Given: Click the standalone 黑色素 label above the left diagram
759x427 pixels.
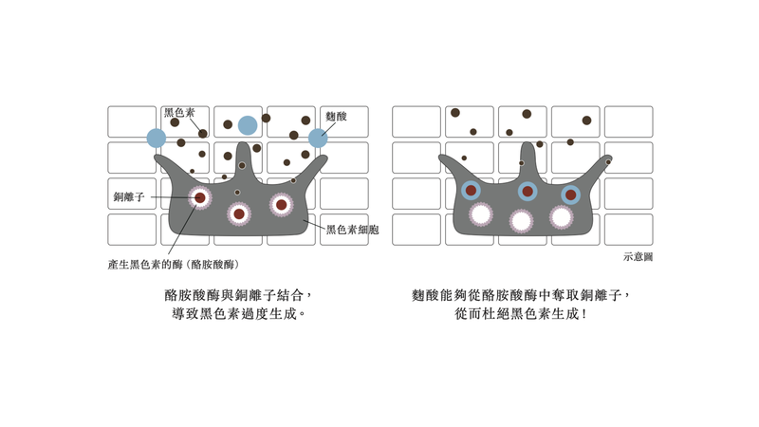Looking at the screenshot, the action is (x=179, y=113).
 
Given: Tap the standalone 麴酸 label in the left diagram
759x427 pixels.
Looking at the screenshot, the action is (x=336, y=116).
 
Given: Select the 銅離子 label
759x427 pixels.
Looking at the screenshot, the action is (x=129, y=196).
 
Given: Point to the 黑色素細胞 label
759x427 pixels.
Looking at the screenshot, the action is (x=352, y=230).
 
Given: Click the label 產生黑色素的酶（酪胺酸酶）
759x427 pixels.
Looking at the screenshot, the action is (x=174, y=265).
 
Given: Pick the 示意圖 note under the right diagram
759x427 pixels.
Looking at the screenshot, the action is (x=638, y=257).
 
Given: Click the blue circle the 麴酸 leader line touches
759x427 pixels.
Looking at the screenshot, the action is (x=318, y=138).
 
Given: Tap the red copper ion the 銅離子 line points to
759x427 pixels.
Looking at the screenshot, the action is (x=200, y=197).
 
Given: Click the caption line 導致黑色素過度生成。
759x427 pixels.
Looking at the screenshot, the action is (x=239, y=314).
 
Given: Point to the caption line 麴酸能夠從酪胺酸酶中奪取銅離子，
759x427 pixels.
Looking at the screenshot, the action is (x=521, y=295).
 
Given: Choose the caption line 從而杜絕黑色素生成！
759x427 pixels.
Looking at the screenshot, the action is (x=521, y=314).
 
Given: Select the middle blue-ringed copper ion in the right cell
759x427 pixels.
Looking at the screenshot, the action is (x=528, y=192).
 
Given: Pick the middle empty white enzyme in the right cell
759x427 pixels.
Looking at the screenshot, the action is (x=521, y=221).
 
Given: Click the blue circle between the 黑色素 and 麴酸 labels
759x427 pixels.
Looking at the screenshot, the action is (x=248, y=125).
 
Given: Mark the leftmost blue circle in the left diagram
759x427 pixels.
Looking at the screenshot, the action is (x=157, y=138).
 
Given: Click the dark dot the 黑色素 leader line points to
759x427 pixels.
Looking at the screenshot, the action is (x=203, y=134).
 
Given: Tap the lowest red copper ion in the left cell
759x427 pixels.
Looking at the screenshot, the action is (x=239, y=214).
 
